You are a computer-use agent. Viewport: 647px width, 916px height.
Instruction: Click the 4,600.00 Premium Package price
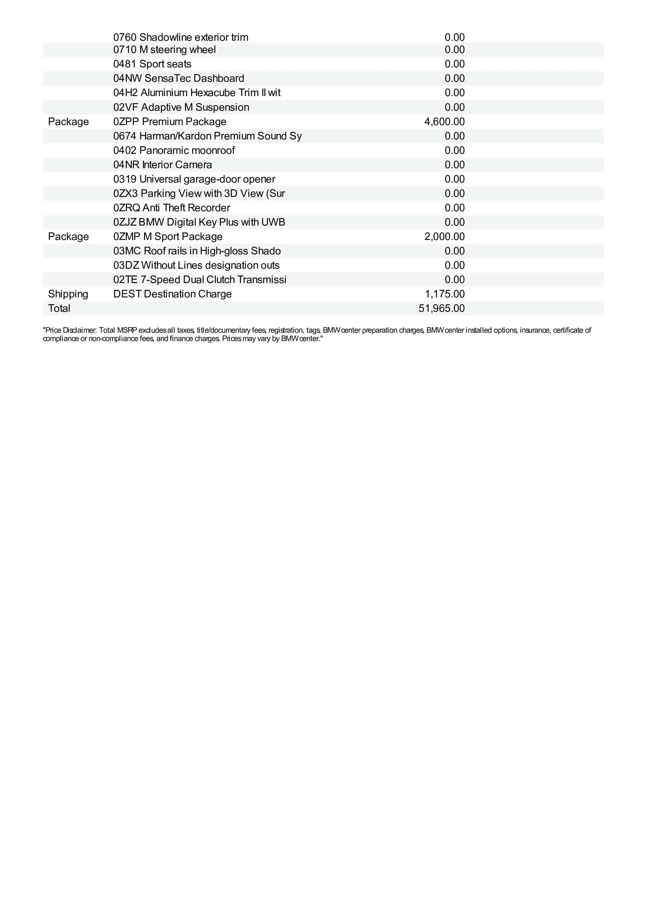[x=444, y=122]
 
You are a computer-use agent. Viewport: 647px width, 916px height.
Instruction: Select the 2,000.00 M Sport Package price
[x=444, y=237]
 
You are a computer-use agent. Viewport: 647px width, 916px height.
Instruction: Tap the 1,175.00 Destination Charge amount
[x=444, y=294]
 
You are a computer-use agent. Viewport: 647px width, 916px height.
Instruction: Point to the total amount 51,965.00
[x=441, y=308]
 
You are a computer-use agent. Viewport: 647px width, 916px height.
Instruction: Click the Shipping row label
[x=68, y=294]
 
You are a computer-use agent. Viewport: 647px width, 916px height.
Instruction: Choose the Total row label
[x=59, y=308]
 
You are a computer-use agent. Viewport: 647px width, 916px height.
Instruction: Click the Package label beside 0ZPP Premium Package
[x=68, y=122]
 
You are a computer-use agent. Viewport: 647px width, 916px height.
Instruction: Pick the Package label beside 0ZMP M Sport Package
[x=68, y=237]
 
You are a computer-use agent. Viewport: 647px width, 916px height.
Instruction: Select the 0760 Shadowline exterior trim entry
[x=181, y=38]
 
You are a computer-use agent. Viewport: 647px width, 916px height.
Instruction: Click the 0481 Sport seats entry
[x=152, y=64]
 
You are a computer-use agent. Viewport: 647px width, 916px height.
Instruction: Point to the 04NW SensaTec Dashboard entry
[x=179, y=79]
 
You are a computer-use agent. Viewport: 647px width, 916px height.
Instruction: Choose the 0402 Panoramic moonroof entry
[x=174, y=150]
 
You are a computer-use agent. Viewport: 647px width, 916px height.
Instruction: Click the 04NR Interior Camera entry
[x=163, y=165]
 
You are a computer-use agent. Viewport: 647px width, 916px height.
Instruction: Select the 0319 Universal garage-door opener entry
[x=194, y=179]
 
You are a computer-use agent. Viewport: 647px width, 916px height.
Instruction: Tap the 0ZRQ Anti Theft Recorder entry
[x=171, y=208]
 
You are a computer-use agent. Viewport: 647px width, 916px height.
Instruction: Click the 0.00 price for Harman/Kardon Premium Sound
[x=454, y=136]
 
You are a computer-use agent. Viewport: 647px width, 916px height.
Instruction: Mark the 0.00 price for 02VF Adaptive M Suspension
[x=454, y=107]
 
